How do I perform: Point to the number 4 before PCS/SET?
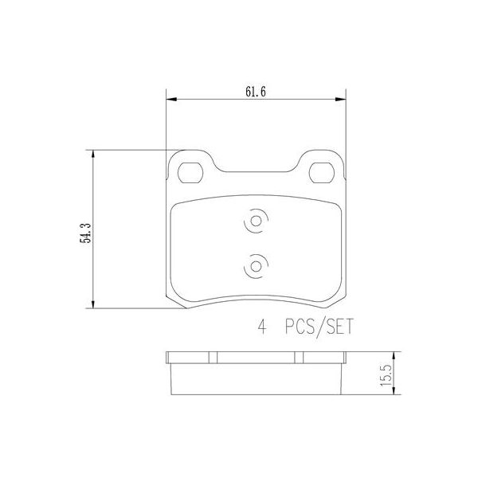tap(261, 327)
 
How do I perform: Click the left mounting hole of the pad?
tap(191, 172)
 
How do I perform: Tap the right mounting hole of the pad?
tap(322, 172)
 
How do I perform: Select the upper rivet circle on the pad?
tap(257, 225)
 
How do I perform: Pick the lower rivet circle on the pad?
tap(257, 265)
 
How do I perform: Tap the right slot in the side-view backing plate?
tap(298, 358)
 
